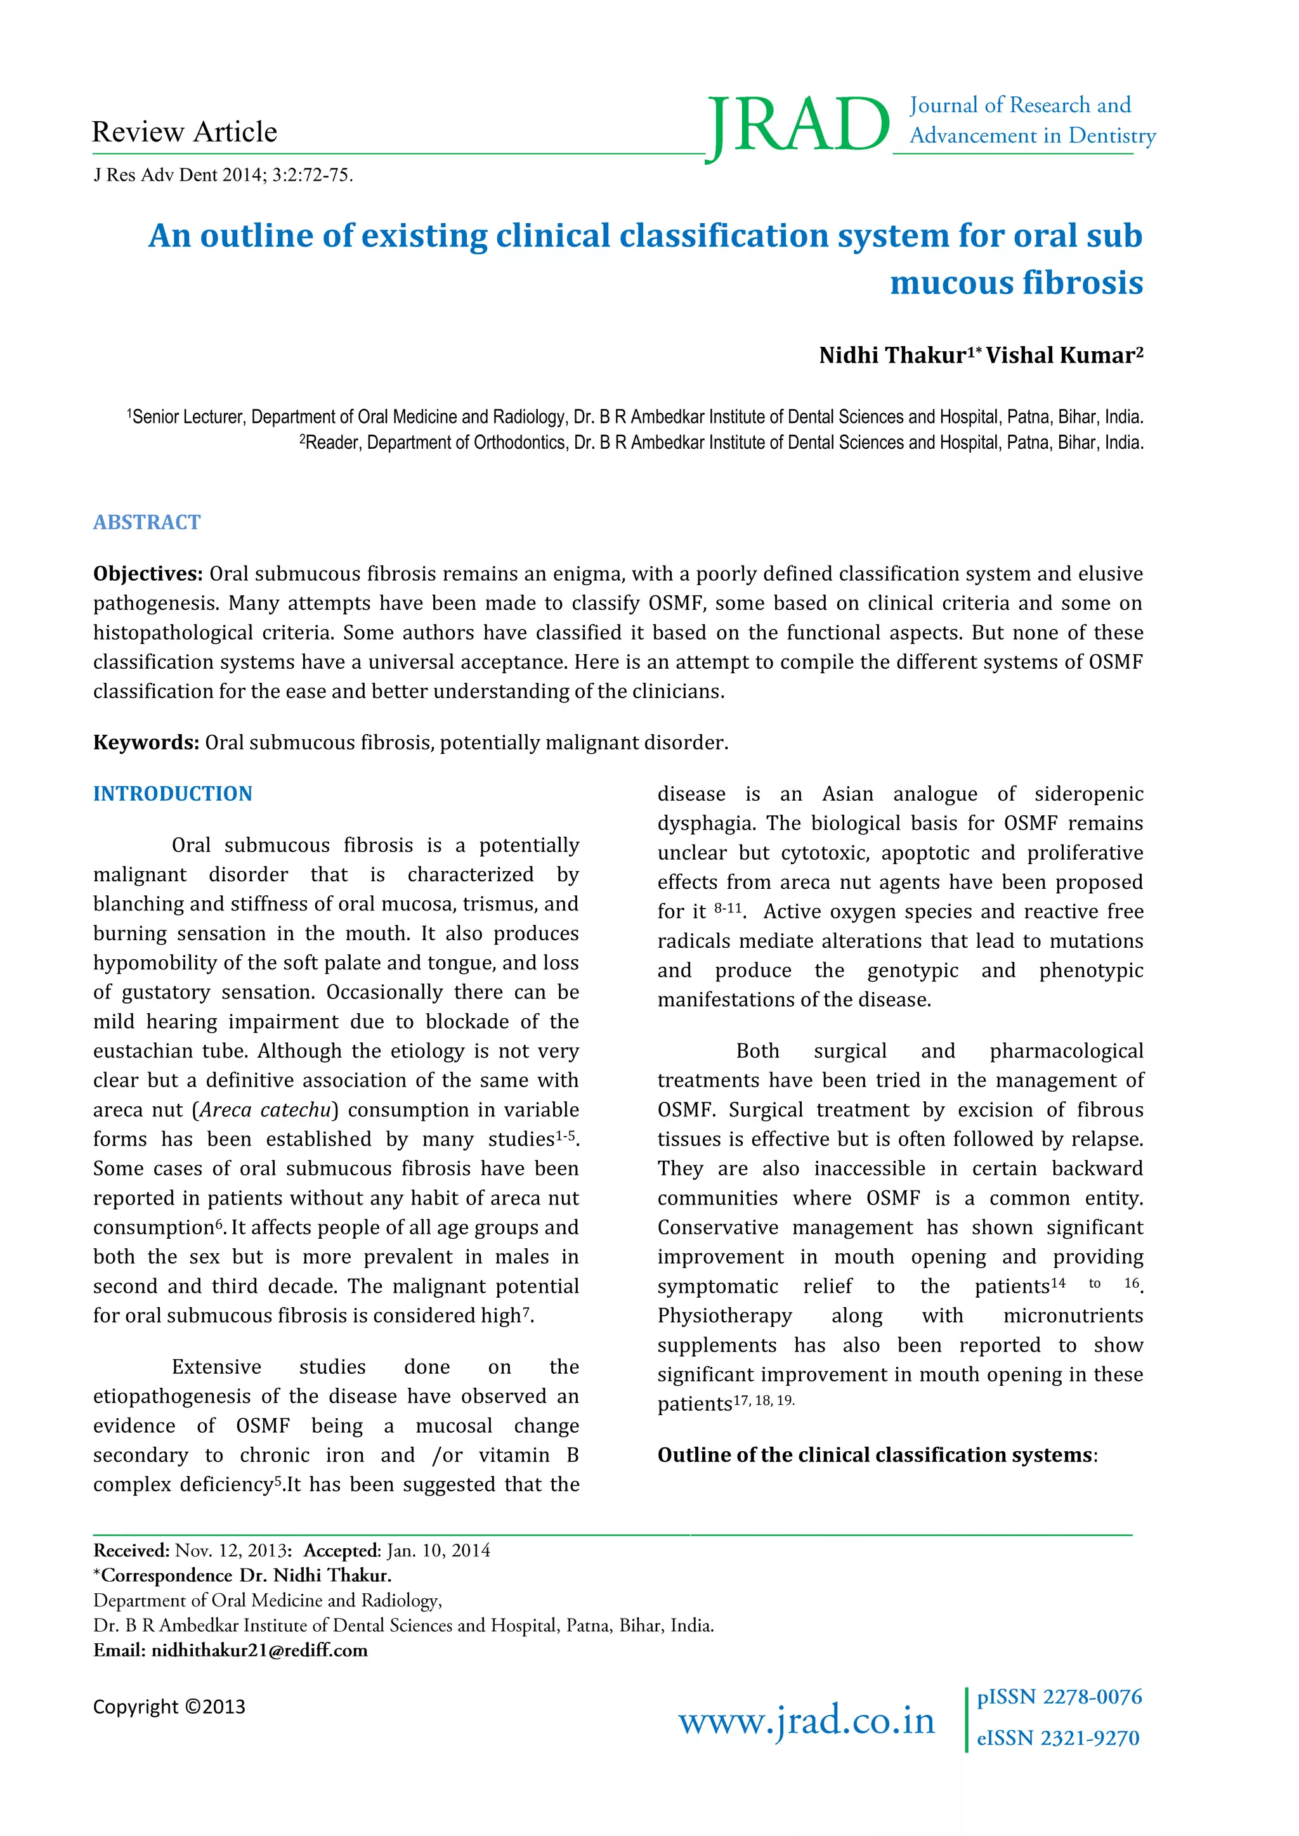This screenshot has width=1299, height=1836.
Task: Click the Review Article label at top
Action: coord(185,132)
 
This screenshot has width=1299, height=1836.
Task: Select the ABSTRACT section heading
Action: coord(147,522)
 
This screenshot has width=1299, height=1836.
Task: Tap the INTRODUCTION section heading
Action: coord(173,793)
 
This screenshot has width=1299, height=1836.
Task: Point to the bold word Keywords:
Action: coord(146,742)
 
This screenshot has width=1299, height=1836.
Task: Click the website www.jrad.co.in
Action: coord(806,1720)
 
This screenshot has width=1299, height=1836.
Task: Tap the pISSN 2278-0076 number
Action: coord(1059,1697)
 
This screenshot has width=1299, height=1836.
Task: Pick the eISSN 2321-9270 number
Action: coord(1057,1738)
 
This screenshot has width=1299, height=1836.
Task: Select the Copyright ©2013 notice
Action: coord(169,1707)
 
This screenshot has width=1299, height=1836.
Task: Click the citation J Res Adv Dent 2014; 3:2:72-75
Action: coord(223,175)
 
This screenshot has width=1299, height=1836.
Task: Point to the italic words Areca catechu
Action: coord(266,1110)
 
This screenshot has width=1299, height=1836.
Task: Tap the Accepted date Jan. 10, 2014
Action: coord(438,1551)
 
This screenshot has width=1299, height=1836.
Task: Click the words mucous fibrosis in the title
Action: coord(1016,283)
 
